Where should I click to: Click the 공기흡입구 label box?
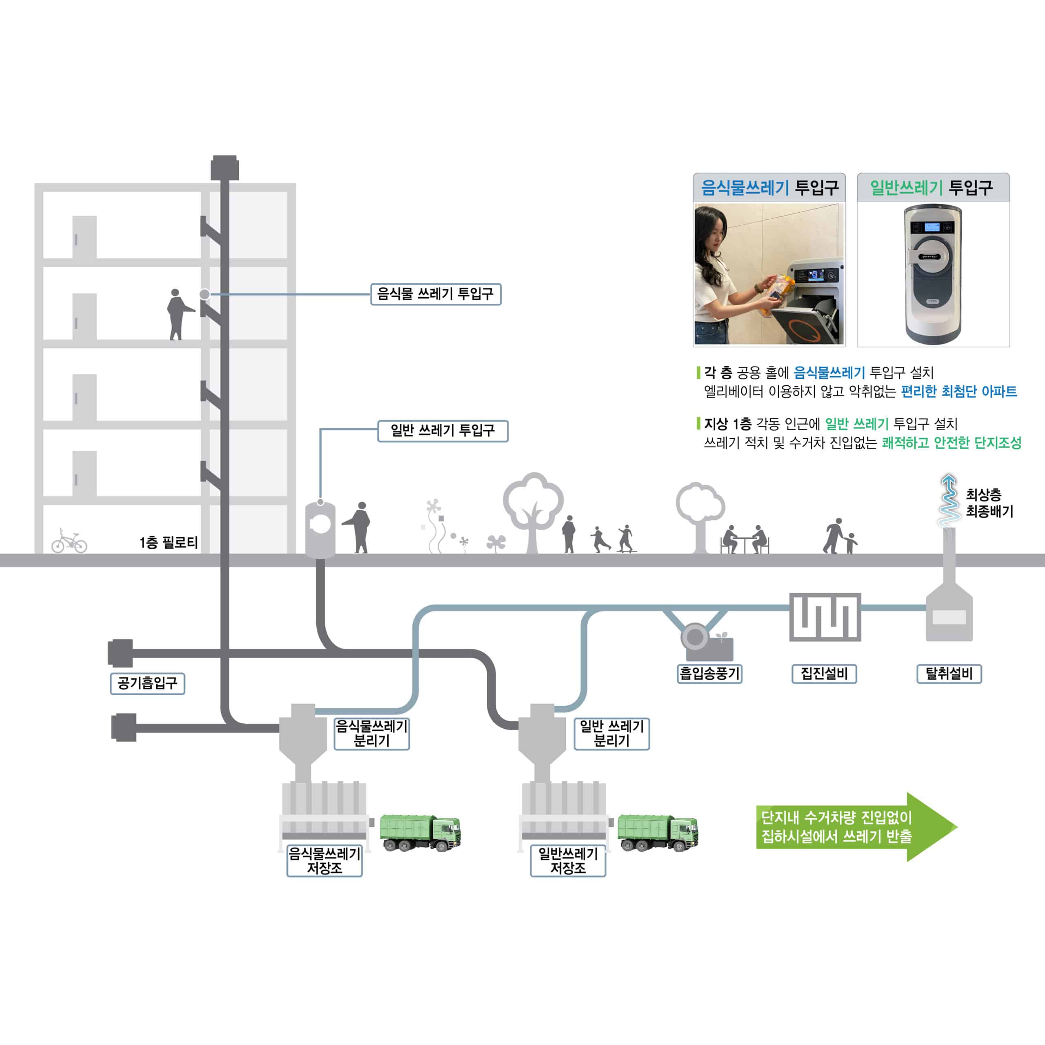[147, 684]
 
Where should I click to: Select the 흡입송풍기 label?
[709, 674]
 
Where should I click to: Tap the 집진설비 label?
[824, 674]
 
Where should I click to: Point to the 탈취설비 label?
[949, 674]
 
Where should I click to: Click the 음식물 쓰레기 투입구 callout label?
[436, 294]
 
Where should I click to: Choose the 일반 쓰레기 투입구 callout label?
[442, 431]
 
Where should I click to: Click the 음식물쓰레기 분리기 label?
[371, 734]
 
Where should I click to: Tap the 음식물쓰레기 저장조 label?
[325, 861]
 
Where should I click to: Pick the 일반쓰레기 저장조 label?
[567, 861]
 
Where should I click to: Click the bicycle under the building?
[69, 541]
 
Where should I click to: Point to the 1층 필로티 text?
[168, 543]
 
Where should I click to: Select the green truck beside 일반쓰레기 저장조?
[658, 832]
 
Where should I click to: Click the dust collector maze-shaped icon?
[825, 617]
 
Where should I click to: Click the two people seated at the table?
[745, 539]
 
